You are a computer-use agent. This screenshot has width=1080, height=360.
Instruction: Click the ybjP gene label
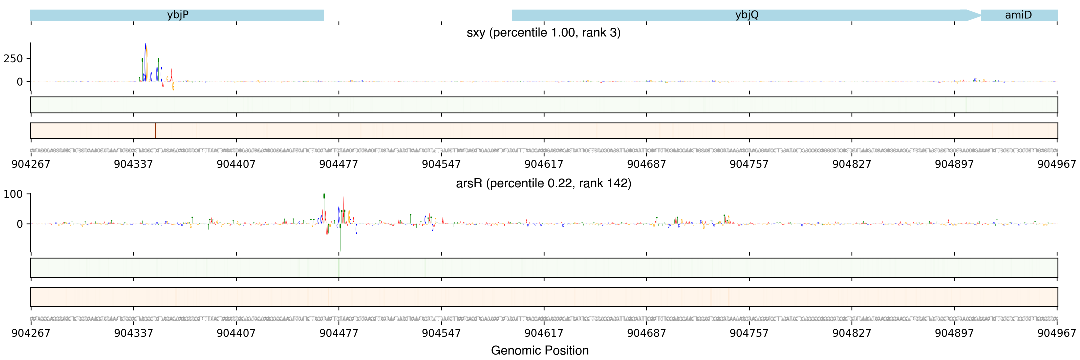click(x=178, y=15)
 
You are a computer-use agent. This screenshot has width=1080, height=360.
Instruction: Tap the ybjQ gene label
click(x=747, y=15)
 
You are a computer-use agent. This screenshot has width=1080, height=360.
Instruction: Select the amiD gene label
click(x=1018, y=15)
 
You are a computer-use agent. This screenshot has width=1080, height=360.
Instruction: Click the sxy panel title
click(x=543, y=33)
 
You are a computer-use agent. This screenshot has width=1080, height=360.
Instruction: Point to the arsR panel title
click(x=543, y=183)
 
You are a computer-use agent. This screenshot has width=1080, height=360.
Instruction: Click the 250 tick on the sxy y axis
click(x=13, y=59)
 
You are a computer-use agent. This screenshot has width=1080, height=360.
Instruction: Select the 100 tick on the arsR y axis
click(x=13, y=194)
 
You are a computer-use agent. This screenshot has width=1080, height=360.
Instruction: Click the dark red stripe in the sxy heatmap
click(x=155, y=131)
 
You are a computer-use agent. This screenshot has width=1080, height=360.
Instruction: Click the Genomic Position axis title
click(x=539, y=350)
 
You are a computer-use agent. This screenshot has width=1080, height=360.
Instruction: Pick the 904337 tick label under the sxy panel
click(x=133, y=164)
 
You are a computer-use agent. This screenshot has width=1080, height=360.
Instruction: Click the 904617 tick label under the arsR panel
click(x=544, y=333)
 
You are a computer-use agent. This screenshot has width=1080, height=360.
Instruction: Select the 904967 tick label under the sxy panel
click(x=1056, y=164)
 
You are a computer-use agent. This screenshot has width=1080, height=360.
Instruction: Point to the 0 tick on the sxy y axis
click(x=20, y=82)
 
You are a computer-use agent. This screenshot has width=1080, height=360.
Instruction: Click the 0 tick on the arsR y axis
click(x=20, y=224)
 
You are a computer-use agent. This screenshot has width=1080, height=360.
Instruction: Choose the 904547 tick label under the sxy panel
click(x=441, y=164)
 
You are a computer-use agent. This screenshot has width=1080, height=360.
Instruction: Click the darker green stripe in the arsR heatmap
click(x=338, y=268)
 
